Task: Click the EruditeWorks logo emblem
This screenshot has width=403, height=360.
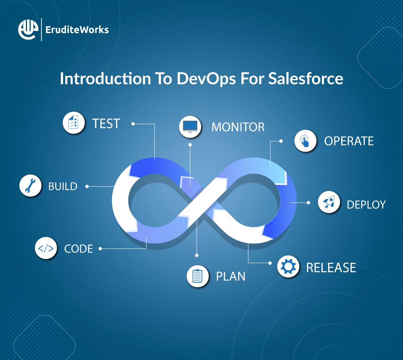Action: (x=27, y=30)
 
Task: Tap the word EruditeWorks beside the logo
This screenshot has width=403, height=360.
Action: (x=77, y=30)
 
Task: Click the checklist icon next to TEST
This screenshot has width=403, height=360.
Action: (x=74, y=123)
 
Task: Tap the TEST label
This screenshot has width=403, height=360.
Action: (x=106, y=123)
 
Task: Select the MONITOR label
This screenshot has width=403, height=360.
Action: (x=238, y=127)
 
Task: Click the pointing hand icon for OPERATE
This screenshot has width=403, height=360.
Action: (x=305, y=141)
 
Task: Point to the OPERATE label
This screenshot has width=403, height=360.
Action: (x=349, y=141)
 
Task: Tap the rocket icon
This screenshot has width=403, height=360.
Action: (x=329, y=203)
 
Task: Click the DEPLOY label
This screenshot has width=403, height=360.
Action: (x=366, y=204)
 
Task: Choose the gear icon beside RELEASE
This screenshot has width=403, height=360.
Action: (x=288, y=267)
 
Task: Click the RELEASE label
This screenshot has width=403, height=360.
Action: (x=331, y=267)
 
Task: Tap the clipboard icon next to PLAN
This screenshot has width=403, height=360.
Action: (x=198, y=276)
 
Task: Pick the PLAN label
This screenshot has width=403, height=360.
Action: (x=230, y=276)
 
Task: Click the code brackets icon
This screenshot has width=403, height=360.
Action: (x=46, y=248)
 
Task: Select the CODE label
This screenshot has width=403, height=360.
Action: (x=78, y=248)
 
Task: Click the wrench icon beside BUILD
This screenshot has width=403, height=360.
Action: (x=30, y=186)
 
